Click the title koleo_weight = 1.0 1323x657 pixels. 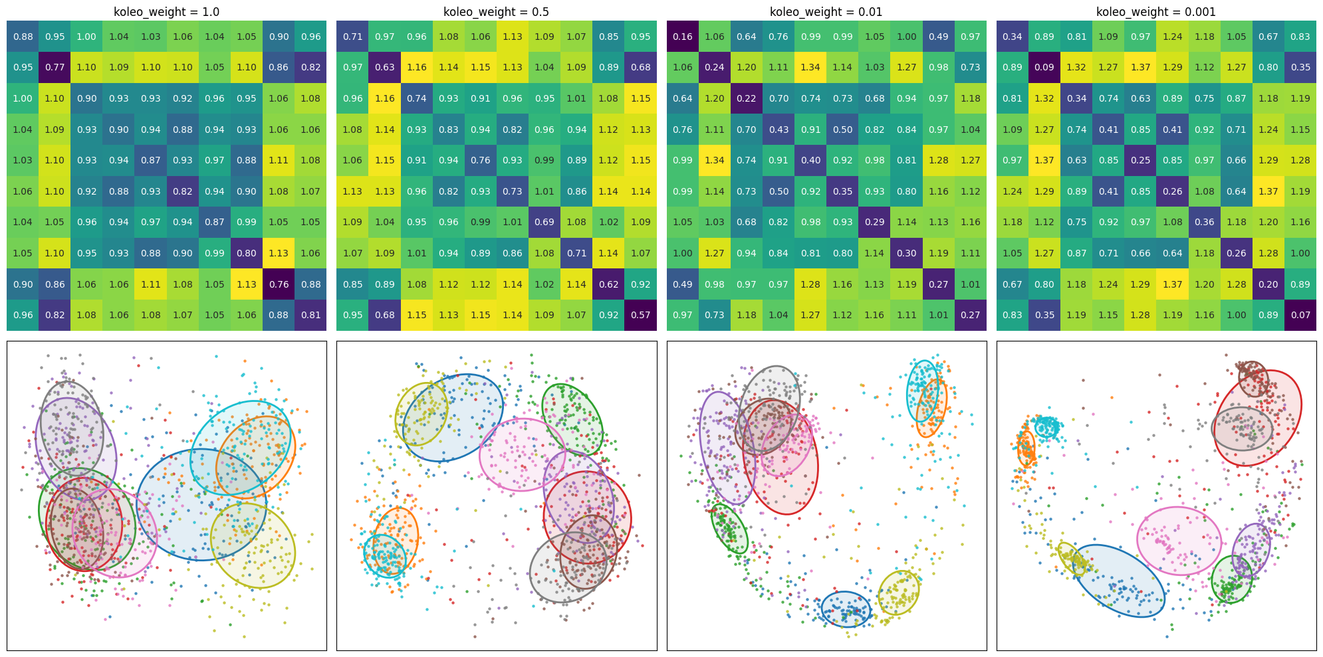point(166,12)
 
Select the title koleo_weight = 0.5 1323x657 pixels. point(496,12)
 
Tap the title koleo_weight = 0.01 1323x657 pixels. point(826,12)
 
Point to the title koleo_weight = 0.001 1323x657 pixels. point(1156,12)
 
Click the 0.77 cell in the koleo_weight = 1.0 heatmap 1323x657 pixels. point(55,67)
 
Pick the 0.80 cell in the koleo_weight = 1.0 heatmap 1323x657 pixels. point(247,253)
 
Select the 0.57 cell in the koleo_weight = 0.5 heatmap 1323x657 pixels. point(640,315)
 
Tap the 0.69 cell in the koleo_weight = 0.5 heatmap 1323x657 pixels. point(544,222)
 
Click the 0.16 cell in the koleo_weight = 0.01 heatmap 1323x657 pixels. point(683,37)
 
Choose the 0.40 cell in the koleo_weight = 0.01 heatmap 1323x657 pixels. point(810,160)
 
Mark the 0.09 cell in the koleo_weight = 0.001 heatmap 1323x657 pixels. point(1044,67)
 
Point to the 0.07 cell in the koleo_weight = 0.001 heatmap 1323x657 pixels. point(1300,315)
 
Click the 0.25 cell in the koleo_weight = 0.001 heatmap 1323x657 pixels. point(1140,160)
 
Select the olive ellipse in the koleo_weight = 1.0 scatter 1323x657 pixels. point(253,545)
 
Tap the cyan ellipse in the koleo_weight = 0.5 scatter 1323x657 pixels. point(385,555)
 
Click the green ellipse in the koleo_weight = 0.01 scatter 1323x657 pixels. point(729,529)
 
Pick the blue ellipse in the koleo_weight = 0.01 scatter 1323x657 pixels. point(846,609)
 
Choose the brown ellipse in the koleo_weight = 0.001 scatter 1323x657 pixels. point(1253,379)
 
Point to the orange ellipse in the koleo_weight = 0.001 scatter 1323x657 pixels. point(1026,449)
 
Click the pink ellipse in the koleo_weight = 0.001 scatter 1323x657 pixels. point(1179,541)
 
